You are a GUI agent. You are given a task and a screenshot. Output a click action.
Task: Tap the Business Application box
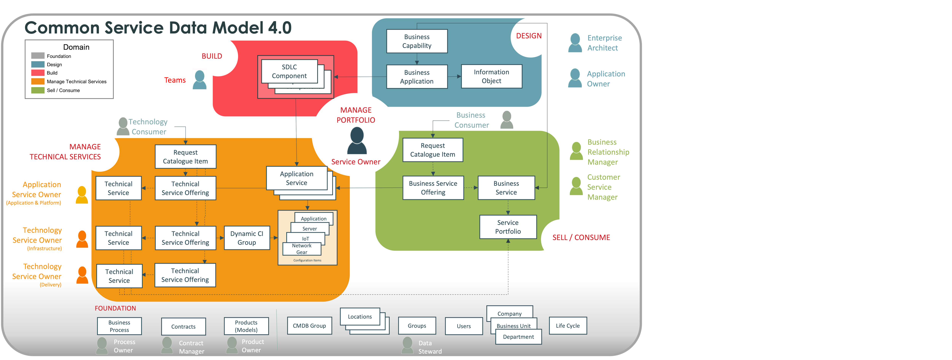[417, 77]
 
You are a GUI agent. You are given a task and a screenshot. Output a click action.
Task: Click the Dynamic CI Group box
[247, 238]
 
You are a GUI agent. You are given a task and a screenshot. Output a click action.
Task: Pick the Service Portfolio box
[508, 227]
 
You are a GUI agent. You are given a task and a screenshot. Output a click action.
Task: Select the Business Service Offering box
[433, 188]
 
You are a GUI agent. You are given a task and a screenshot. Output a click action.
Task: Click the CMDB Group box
[309, 326]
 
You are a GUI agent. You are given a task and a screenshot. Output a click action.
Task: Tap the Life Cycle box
[568, 326]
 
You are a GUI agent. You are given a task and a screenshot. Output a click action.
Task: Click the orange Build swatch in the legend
[38, 73]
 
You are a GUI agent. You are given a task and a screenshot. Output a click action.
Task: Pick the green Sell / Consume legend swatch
[38, 90]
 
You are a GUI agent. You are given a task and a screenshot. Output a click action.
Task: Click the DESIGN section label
[529, 36]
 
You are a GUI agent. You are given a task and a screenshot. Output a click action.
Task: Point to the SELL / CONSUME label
[581, 238]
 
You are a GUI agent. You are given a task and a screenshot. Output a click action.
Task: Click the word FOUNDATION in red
[115, 308]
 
